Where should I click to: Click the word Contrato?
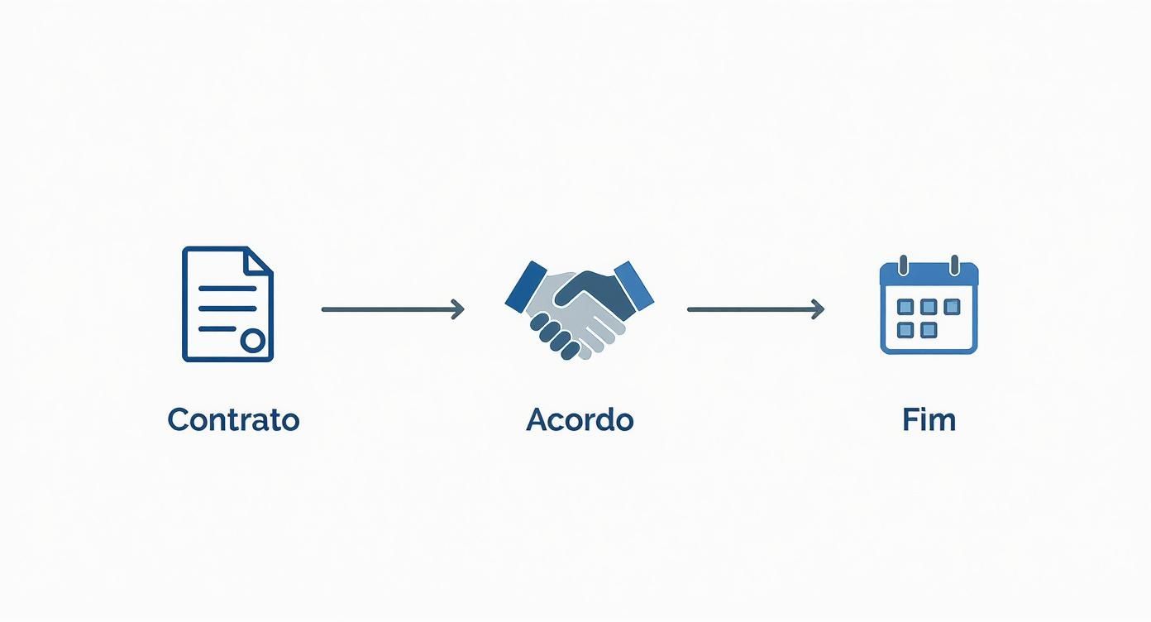(x=233, y=419)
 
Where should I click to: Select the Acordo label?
(x=580, y=419)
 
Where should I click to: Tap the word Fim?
(x=929, y=419)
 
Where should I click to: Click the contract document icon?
(x=227, y=304)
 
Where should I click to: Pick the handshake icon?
(x=579, y=309)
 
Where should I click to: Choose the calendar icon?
(x=929, y=304)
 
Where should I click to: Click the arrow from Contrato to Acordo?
(x=393, y=309)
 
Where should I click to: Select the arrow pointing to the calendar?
(x=756, y=309)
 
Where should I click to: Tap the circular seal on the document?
(x=253, y=340)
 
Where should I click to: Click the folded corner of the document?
(x=257, y=261)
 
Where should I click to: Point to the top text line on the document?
(x=227, y=289)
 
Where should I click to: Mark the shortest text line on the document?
(x=217, y=328)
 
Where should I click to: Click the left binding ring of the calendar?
(x=903, y=265)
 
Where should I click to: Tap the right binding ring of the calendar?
(x=954, y=265)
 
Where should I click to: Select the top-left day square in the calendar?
(x=905, y=307)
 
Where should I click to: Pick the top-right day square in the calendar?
(x=953, y=307)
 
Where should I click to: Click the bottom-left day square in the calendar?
(x=905, y=330)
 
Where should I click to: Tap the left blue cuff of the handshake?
(x=526, y=286)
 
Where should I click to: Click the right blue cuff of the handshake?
(x=634, y=286)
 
